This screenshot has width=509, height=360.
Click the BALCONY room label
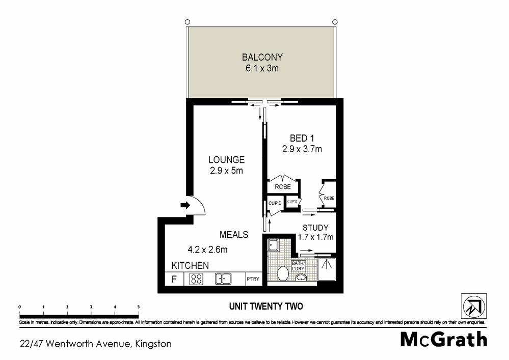pos(262,57)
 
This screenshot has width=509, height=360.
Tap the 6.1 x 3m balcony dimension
pos(262,68)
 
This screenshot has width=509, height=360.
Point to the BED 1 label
pos(299,138)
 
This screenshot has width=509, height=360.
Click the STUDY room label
pos(315,228)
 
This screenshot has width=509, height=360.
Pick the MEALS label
pos(234,235)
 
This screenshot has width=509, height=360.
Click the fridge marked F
pos(174,279)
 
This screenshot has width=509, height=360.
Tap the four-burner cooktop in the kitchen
pos(196,279)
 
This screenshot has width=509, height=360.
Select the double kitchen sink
pos(223,279)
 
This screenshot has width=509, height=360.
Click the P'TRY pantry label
pos(253,279)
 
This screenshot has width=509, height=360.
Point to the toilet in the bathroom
pos(283,273)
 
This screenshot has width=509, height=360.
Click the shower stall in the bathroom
pos(327,269)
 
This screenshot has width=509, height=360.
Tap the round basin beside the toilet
pos(301,278)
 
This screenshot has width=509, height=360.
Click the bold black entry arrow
pos(184,206)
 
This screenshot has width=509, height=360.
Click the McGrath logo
pos(443,339)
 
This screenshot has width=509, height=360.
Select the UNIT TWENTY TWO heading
pos(265,307)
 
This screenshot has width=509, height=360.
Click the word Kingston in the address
pos(152,344)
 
